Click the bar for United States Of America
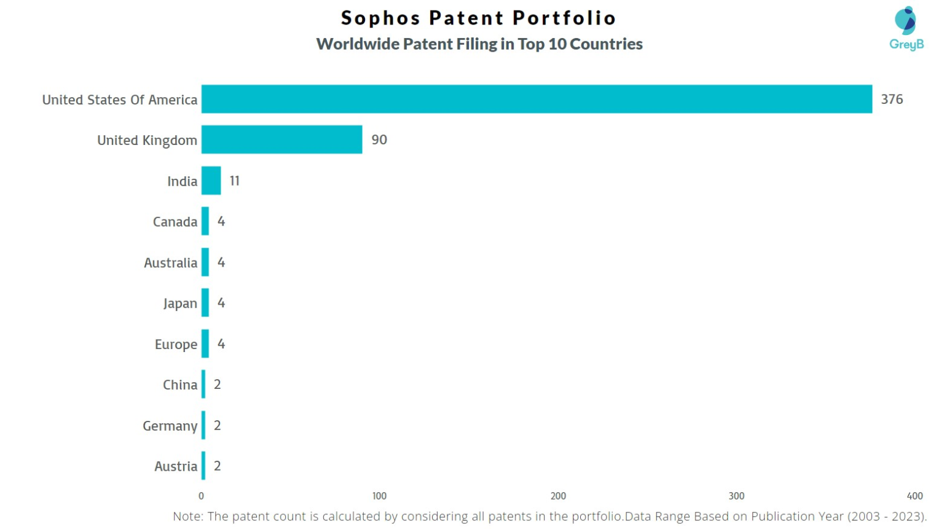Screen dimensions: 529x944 [x=536, y=99]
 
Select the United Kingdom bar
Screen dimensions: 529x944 [x=281, y=139]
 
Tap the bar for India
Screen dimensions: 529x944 [x=211, y=181]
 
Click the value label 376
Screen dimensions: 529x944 [x=891, y=99]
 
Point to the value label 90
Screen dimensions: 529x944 [x=379, y=139]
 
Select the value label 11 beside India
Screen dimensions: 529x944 [x=234, y=181]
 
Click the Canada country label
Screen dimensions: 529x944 [x=175, y=222]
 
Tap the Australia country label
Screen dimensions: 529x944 [x=170, y=263]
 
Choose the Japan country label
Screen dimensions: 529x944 [x=179, y=304]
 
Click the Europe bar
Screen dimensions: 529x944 [x=205, y=344]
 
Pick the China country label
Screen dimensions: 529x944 [x=179, y=385]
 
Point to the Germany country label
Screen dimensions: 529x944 [x=170, y=426]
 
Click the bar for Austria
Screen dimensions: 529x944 [x=203, y=466]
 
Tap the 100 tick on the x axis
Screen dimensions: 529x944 [x=379, y=496]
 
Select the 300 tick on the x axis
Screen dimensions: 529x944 [x=736, y=496]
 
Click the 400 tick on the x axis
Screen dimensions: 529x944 [x=914, y=496]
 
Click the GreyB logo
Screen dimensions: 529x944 [x=906, y=28]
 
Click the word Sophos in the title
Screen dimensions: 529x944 [x=380, y=18]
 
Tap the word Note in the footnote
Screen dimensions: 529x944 [x=187, y=517]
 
